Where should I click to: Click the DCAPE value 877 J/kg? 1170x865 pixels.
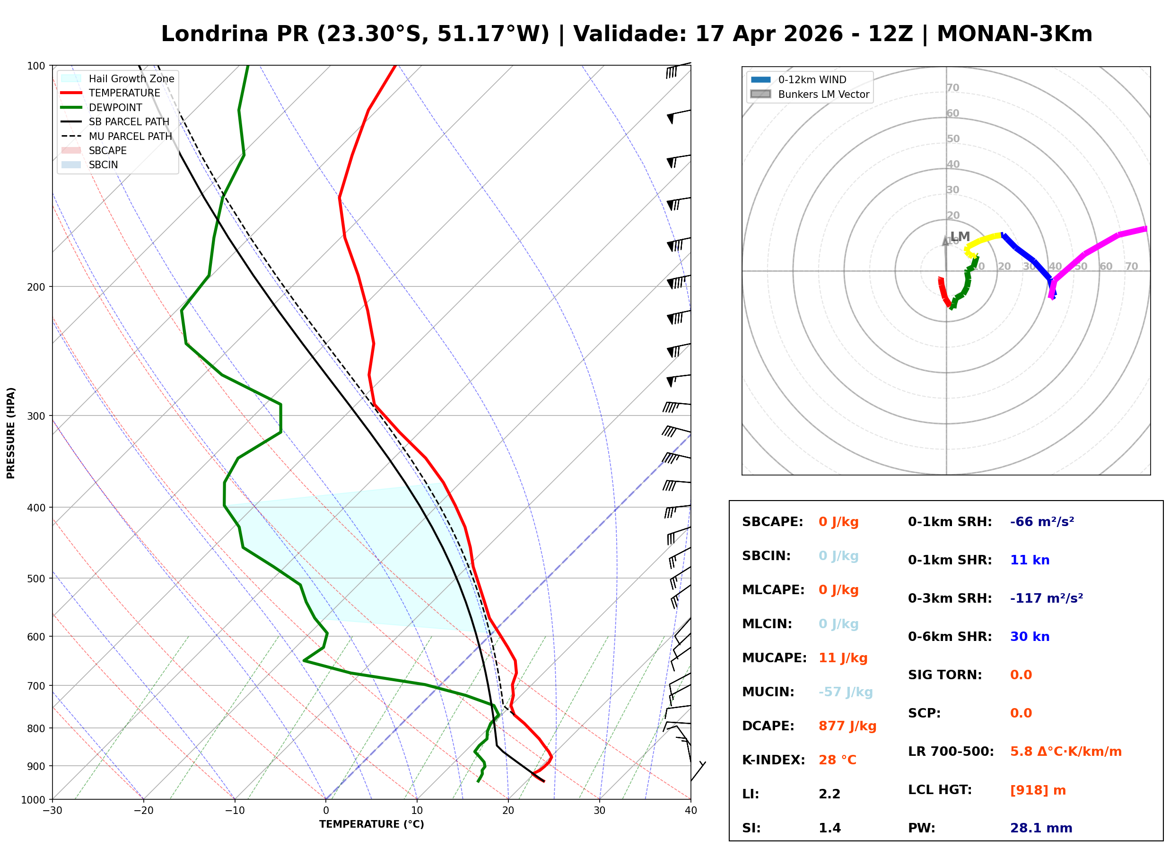click(847, 726)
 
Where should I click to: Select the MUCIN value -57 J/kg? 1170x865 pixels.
click(845, 692)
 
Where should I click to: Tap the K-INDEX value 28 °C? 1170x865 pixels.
click(837, 760)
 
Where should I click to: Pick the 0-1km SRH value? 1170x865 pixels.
click(1042, 521)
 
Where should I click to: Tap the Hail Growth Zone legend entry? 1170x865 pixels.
click(131, 78)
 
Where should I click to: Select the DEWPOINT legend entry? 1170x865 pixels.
click(115, 107)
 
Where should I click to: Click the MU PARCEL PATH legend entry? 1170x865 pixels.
click(130, 136)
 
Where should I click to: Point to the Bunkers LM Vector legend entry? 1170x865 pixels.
click(823, 94)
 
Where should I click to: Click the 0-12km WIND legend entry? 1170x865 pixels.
click(812, 79)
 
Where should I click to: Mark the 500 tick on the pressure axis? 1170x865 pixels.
click(36, 579)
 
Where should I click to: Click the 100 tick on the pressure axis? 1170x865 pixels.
click(36, 66)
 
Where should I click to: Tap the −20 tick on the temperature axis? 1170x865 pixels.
click(143, 811)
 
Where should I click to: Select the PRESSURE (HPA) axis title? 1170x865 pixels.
click(11, 432)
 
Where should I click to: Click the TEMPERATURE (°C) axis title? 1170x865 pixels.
click(371, 824)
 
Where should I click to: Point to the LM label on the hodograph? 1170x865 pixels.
click(960, 236)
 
